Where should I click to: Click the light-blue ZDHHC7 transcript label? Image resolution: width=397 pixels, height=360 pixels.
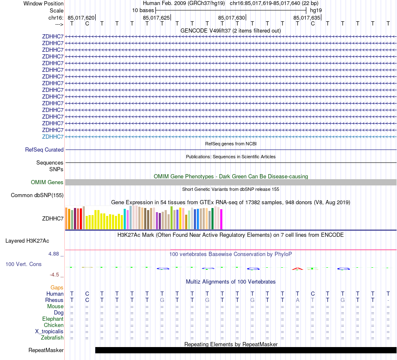[x=53, y=137]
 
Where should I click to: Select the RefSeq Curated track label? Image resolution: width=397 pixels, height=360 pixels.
[x=44, y=150]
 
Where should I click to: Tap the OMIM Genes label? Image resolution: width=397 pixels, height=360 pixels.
[x=47, y=183]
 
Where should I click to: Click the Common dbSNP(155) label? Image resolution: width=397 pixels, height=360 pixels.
[x=37, y=195]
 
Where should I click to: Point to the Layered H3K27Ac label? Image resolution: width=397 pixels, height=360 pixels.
[x=27, y=241]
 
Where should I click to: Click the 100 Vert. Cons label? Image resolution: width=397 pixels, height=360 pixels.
[x=24, y=264]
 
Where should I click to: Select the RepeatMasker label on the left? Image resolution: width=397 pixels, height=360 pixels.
[x=46, y=350]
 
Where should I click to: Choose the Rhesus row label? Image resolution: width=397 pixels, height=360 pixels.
[x=54, y=300]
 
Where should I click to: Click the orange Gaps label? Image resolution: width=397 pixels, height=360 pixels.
[x=57, y=287]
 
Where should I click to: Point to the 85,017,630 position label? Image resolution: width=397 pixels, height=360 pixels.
[x=232, y=18]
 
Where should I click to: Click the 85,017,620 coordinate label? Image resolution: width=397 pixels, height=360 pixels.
[x=81, y=18]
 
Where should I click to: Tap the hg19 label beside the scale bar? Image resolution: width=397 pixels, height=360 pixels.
[x=316, y=10]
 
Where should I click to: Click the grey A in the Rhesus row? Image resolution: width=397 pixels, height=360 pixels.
[x=298, y=300]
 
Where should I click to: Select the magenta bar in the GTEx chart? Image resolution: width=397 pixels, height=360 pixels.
[x=221, y=219]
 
